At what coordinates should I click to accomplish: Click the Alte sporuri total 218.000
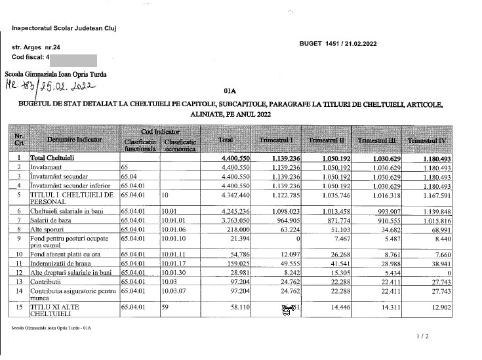tap(234, 230)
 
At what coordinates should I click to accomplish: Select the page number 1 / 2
tap(422, 336)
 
